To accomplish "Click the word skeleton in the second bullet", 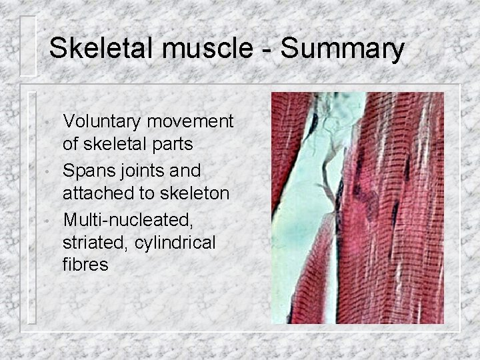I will point(195,193).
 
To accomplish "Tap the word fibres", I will point(85,265).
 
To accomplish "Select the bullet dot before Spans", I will point(43,173).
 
